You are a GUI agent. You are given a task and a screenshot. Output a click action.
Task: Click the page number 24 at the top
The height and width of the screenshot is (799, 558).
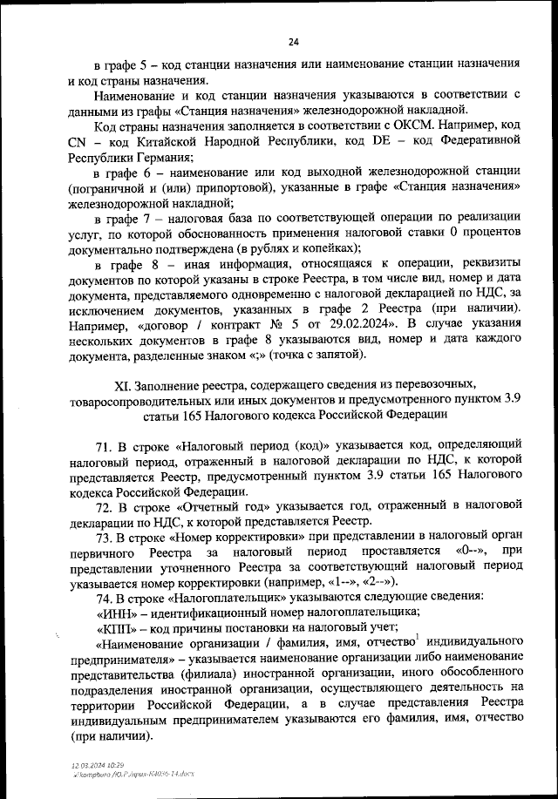point(293,42)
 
